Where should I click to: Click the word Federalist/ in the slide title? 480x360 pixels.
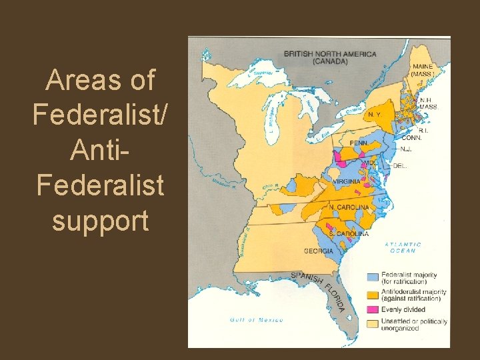click(99, 115)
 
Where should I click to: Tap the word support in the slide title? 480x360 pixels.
click(100, 220)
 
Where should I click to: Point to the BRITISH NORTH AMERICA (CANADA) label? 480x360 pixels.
click(330, 57)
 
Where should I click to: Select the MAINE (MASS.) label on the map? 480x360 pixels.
click(422, 71)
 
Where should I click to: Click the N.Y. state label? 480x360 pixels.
click(375, 115)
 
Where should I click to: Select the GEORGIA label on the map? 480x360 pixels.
click(319, 251)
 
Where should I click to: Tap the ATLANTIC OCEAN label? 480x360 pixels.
click(403, 247)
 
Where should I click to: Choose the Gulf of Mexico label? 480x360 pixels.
click(257, 320)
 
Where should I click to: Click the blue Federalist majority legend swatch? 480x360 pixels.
click(373, 277)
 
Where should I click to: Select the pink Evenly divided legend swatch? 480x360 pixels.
click(373, 309)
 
